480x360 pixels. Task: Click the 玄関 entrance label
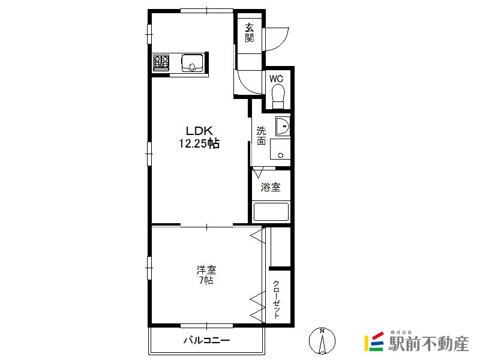click(249, 33)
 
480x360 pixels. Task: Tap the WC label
click(276, 79)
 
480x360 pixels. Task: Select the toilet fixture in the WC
click(278, 97)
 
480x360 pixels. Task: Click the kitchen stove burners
click(161, 63)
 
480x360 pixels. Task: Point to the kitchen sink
click(192, 63)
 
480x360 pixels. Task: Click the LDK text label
click(199, 131)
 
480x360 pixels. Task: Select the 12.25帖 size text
click(199, 143)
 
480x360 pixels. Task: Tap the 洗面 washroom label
click(261, 136)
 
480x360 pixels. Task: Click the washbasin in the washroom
click(283, 126)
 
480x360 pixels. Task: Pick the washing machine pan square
click(280, 149)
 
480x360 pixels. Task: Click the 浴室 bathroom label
click(271, 187)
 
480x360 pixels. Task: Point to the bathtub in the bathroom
click(271, 212)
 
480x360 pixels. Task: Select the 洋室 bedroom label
click(206, 270)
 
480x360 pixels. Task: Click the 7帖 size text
click(206, 280)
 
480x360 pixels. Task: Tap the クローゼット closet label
click(277, 299)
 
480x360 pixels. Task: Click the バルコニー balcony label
click(206, 340)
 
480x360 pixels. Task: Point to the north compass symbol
click(322, 341)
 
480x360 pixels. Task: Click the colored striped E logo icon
click(374, 342)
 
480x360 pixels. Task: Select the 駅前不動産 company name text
click(428, 344)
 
